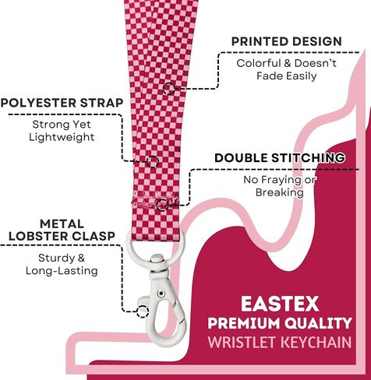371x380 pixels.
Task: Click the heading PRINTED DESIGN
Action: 286,41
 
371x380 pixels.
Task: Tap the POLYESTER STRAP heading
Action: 62,103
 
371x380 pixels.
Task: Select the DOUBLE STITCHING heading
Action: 280,158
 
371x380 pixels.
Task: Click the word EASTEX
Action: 280,304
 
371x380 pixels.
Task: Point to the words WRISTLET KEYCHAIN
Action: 280,342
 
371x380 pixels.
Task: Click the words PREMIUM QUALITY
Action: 280,323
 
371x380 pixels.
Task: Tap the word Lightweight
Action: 62,137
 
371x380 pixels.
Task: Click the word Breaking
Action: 280,192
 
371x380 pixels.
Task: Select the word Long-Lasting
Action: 62,271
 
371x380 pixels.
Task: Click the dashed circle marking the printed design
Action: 169,88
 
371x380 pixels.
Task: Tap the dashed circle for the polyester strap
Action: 152,162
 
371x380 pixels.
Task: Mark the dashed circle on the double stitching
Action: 162,205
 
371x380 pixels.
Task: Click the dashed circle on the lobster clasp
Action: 143,311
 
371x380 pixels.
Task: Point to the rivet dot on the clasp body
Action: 161,294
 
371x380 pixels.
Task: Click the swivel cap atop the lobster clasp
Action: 157,259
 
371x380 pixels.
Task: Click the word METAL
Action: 62,223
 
